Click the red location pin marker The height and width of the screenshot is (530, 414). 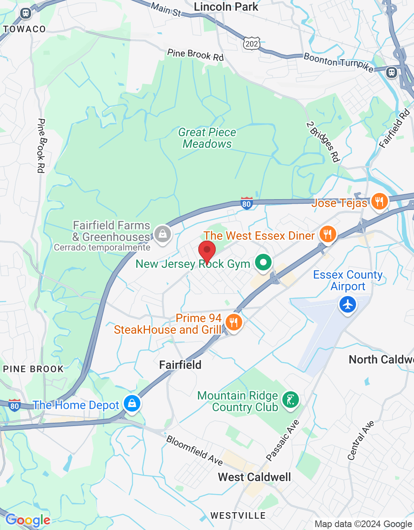[x=207, y=251]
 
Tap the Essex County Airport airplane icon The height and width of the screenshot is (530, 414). [x=347, y=305]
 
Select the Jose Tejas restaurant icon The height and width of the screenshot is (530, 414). [x=379, y=202]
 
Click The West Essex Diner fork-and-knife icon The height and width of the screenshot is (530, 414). [x=327, y=234]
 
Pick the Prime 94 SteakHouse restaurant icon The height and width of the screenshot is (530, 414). [x=234, y=322]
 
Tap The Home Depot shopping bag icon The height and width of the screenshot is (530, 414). [x=132, y=403]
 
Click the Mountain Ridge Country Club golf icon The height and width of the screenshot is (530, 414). [x=290, y=400]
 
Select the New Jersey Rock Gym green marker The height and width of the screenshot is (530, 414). [x=263, y=262]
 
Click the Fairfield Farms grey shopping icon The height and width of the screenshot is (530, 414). [x=163, y=234]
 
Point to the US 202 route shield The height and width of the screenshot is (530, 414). [x=251, y=43]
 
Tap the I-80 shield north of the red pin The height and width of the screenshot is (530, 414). [x=247, y=203]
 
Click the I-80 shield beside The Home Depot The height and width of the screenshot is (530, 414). [x=14, y=405]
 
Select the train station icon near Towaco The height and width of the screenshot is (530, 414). [x=26, y=13]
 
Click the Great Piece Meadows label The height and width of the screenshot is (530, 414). [x=207, y=138]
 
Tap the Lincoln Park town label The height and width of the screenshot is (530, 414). [x=226, y=7]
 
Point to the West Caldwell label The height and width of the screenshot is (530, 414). [x=254, y=477]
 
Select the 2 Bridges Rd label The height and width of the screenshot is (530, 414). [x=323, y=142]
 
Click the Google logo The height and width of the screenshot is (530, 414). [x=28, y=520]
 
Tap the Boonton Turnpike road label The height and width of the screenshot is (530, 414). [x=339, y=62]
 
